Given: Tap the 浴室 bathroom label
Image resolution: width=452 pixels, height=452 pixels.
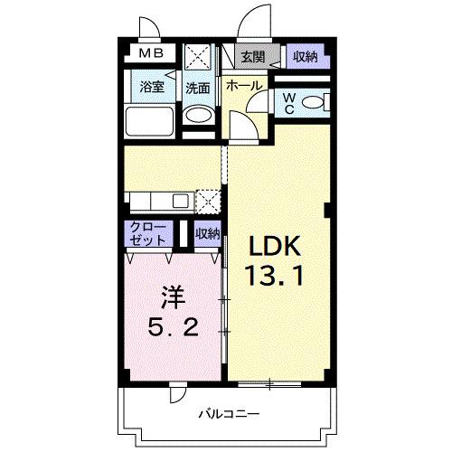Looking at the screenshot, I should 152,88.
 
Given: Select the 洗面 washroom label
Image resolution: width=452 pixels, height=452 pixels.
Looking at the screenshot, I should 198,88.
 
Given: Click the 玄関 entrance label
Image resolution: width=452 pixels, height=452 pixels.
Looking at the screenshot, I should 252,57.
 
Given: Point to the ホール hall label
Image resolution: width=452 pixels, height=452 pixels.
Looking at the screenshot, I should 243,87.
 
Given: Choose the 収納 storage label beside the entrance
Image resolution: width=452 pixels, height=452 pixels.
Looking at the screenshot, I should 305,57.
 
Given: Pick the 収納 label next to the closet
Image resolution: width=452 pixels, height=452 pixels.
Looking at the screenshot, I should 208,233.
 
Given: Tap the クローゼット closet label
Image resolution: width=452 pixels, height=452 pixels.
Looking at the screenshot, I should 147,233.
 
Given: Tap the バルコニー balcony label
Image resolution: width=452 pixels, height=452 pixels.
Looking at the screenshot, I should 226,414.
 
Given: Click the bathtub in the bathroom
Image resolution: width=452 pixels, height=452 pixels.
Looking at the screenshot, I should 150,121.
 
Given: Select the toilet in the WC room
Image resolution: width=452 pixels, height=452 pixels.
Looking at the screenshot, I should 313,103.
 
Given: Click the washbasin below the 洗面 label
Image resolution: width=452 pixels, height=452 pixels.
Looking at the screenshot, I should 198,116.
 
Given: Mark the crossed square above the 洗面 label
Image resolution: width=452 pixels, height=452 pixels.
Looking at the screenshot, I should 197,57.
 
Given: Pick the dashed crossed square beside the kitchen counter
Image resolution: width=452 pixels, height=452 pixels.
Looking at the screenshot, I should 209,200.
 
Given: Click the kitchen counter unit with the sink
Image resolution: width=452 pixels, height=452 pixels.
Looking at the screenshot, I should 160,200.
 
